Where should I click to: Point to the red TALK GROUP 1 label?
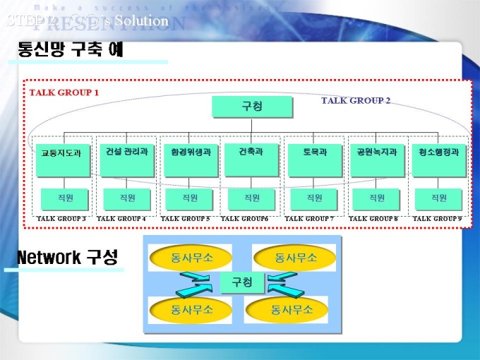[64, 92]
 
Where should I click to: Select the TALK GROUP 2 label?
[356, 100]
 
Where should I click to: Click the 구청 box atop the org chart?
[252, 107]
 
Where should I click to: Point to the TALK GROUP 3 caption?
[61, 219]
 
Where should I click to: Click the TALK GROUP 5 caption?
[185, 219]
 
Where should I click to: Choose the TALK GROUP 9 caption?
[437, 219]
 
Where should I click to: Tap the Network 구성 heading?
[67, 257]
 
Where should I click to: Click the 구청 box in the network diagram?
[241, 282]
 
